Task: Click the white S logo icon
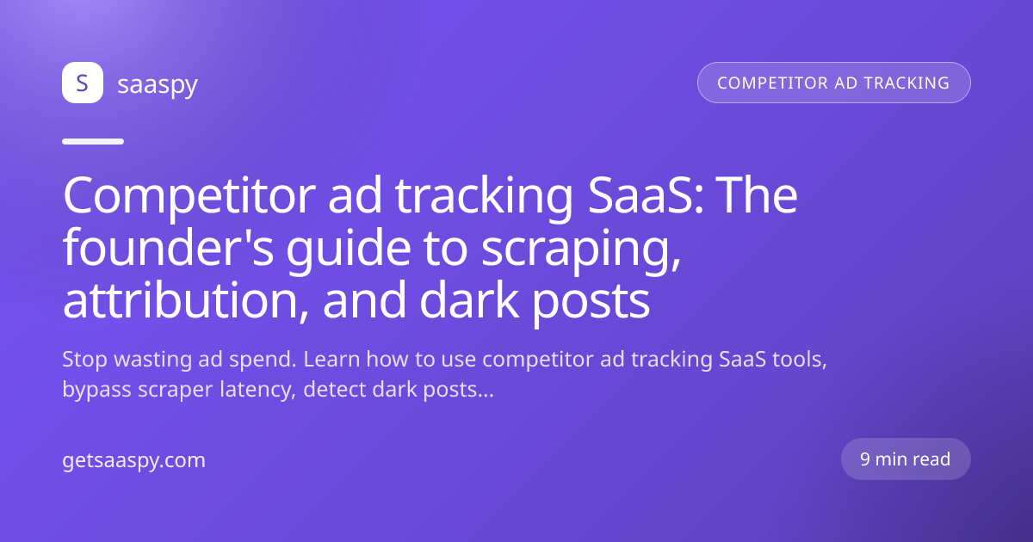coord(83,83)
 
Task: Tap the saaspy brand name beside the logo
coord(158,85)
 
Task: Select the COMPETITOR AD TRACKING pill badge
coord(834,83)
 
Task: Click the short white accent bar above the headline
coord(93,141)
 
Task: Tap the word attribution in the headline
coord(185,300)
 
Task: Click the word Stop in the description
coord(85,360)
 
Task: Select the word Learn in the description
coord(331,359)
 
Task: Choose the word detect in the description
coord(334,390)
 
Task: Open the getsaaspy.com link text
coord(133,461)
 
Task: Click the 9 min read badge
coord(906,459)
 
